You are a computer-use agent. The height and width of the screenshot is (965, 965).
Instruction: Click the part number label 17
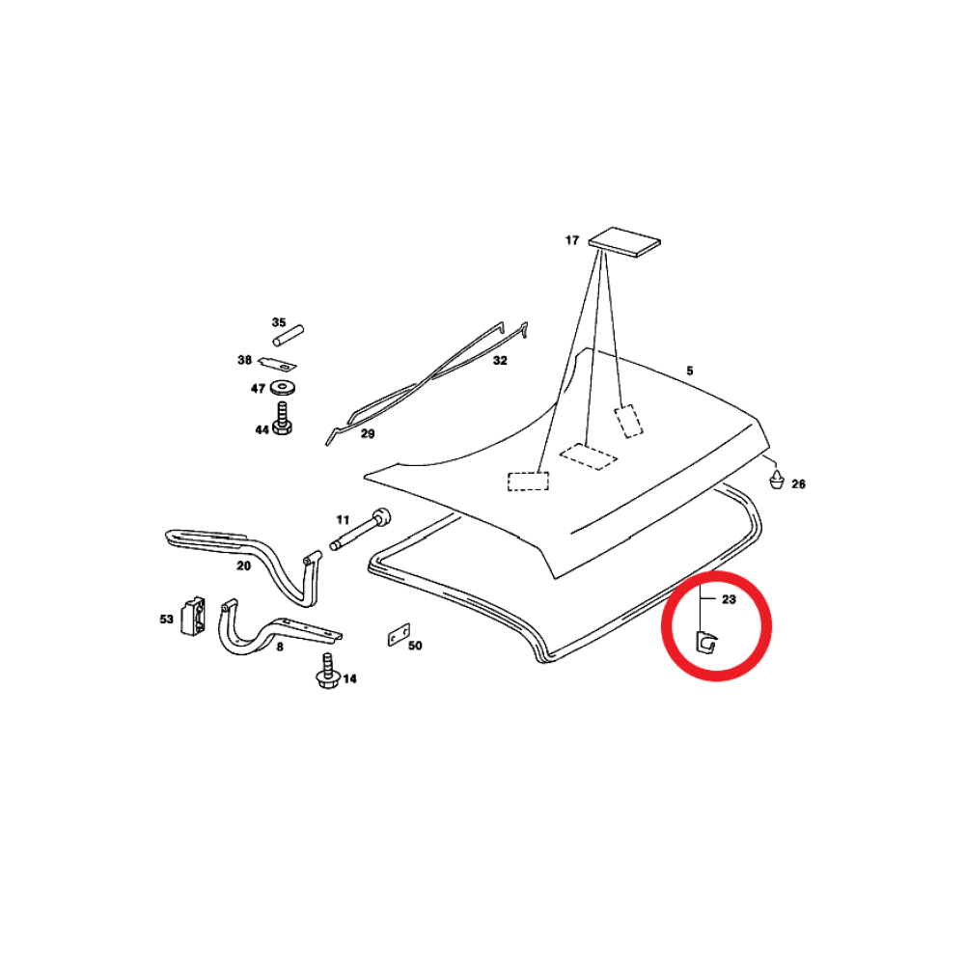(x=572, y=240)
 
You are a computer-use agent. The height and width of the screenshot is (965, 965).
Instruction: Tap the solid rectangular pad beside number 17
(x=624, y=241)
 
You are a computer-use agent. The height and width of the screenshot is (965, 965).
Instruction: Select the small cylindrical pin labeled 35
(x=289, y=336)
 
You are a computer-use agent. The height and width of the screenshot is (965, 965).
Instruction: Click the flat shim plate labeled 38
(x=277, y=364)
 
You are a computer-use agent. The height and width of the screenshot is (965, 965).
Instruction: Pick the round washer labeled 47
(x=283, y=388)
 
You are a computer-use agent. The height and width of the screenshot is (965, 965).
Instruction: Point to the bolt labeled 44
(x=282, y=418)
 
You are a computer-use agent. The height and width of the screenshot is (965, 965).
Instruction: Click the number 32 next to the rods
(x=500, y=361)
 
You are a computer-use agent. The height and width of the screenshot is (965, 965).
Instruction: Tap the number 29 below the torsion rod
(x=368, y=434)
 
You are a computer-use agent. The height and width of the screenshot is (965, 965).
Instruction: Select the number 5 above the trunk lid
(x=690, y=371)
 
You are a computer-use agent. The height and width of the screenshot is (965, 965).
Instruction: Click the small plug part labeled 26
(x=777, y=479)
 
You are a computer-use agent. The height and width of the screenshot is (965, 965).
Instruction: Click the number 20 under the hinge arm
(x=244, y=565)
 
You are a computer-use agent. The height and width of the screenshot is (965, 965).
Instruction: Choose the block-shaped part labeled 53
(x=193, y=616)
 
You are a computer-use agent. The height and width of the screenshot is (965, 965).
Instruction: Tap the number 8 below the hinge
(x=280, y=647)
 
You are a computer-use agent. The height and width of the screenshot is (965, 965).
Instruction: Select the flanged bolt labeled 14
(x=327, y=671)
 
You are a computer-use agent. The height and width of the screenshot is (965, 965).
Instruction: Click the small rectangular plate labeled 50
(x=399, y=635)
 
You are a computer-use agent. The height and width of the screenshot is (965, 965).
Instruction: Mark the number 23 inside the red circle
(x=729, y=599)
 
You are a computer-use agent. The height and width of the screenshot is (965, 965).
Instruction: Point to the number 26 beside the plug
(x=798, y=484)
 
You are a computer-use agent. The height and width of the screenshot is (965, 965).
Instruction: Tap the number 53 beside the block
(x=166, y=619)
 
